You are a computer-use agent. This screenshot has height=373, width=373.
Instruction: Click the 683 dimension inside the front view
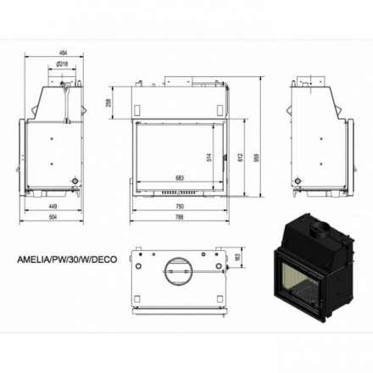180,178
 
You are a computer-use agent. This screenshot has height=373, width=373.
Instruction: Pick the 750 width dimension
179,207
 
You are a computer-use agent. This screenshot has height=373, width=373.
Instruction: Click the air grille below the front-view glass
179,192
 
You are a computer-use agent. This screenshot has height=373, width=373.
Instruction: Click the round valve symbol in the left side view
75,181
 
